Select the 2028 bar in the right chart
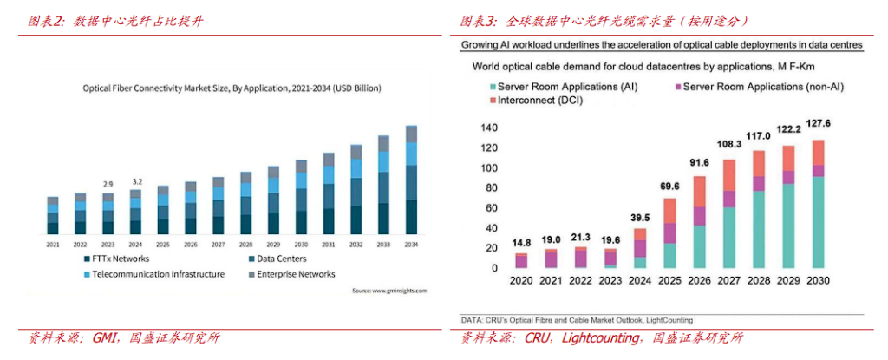(760, 209)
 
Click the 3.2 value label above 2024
(137, 181)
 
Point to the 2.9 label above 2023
(108, 184)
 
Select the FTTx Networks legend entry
(118, 259)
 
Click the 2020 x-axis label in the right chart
(521, 281)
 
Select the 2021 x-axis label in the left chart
(53, 245)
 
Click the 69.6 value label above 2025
(669, 187)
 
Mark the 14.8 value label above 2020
(521, 244)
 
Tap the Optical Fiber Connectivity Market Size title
(232, 88)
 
